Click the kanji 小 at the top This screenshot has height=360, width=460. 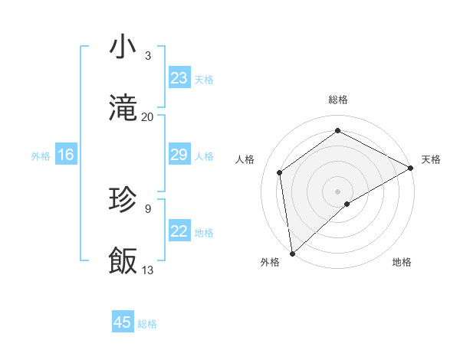[x=123, y=47]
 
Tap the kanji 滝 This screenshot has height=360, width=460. [x=123, y=107]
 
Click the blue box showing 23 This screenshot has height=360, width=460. [x=179, y=78]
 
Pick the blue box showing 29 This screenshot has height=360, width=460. [x=179, y=155]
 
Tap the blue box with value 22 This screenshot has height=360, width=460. [x=179, y=231]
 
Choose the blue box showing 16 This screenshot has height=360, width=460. [x=66, y=155]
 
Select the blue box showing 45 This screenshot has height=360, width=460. [x=123, y=322]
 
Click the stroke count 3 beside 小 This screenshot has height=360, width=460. [x=148, y=55]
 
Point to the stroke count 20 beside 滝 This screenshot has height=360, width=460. [x=148, y=116]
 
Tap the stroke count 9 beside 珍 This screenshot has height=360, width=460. [x=148, y=208]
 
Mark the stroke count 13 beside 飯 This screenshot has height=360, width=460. [x=148, y=270]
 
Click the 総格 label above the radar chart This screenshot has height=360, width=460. [x=338, y=100]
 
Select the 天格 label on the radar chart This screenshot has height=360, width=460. [x=431, y=159]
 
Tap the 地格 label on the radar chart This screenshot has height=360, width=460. [x=402, y=262]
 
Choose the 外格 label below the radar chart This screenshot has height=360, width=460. [x=271, y=262]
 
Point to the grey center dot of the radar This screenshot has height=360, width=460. [x=338, y=191]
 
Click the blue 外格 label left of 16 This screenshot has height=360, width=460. [x=41, y=156]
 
